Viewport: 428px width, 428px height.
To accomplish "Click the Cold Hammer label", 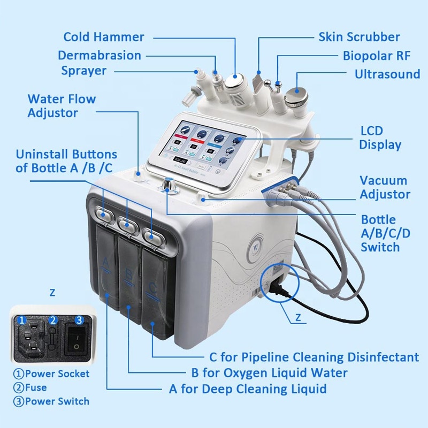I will [104, 37].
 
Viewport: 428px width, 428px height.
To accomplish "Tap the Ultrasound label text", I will [387, 74].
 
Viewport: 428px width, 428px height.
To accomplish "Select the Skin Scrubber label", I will [359, 37].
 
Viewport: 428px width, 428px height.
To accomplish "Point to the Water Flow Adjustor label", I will [62, 105].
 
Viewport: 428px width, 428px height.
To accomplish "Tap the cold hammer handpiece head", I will [233, 82].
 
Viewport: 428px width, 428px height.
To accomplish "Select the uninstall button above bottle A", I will [103, 212].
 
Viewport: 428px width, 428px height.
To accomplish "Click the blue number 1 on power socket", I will [22, 320].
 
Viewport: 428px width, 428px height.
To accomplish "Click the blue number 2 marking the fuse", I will [52, 320].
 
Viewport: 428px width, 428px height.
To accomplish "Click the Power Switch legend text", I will [51, 401].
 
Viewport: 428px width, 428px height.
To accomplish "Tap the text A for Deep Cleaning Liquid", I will [248, 389].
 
